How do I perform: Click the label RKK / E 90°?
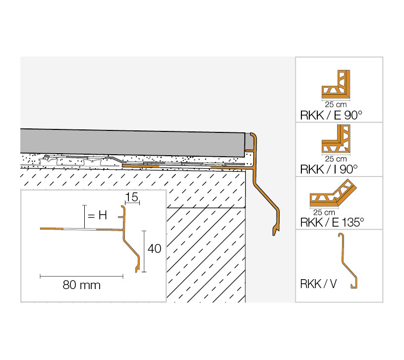click(x=331, y=116)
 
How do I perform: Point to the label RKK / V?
click(x=318, y=284)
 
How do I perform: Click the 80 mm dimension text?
click(x=81, y=285)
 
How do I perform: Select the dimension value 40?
click(x=154, y=248)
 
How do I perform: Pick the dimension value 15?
click(x=132, y=197)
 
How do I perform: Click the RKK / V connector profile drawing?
click(x=348, y=261)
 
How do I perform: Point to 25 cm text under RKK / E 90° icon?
click(x=336, y=105)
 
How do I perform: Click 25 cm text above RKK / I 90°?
click(x=336, y=159)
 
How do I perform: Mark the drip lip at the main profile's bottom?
click(x=275, y=230)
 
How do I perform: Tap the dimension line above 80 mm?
click(x=81, y=276)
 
